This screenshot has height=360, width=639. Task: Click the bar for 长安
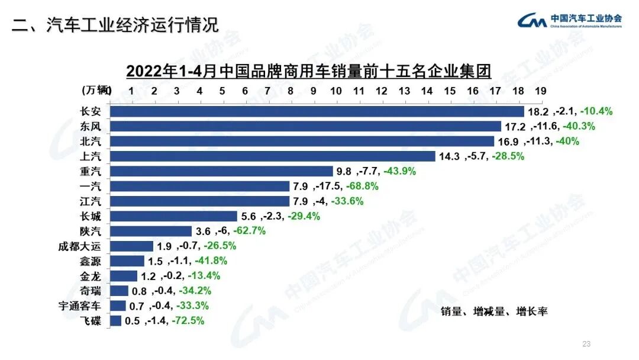point(317,111)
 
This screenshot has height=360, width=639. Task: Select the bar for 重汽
point(222,171)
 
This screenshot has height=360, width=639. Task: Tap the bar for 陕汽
point(151,231)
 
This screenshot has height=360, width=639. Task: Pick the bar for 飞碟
point(115,321)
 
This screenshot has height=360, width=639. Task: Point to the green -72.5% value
point(188,321)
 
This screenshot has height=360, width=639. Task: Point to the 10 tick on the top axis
point(335,91)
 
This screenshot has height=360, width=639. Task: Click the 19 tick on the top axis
point(540,91)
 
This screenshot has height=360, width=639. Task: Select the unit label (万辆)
point(95,90)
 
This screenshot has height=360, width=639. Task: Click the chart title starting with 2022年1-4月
point(309,72)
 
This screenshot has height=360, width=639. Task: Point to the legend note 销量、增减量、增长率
point(494,311)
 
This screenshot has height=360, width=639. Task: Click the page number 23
point(587,344)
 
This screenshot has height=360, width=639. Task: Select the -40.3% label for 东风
point(578,126)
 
